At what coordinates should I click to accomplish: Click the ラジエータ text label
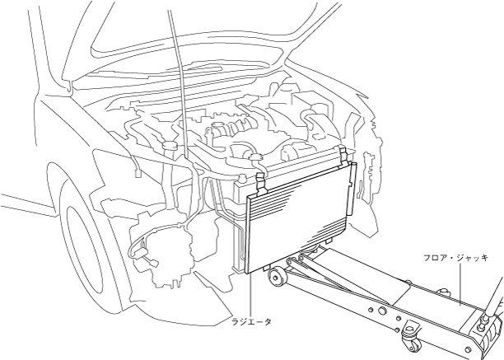point(251,321)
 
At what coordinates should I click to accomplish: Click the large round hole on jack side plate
point(380,311)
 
